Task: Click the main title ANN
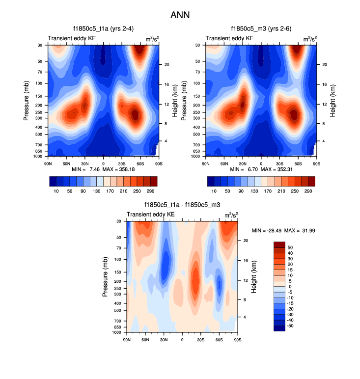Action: tap(180, 15)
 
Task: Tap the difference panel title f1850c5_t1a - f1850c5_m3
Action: tap(182, 205)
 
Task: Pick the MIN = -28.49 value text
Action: tap(266, 230)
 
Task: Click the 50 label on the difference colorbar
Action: tap(291, 248)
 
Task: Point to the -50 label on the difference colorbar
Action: tap(290, 325)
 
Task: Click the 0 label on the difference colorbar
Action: tap(290, 287)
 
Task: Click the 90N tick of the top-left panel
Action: tap(48, 163)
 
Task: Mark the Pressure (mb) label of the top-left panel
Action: tap(27, 101)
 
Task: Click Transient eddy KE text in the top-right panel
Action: tap(230, 38)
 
